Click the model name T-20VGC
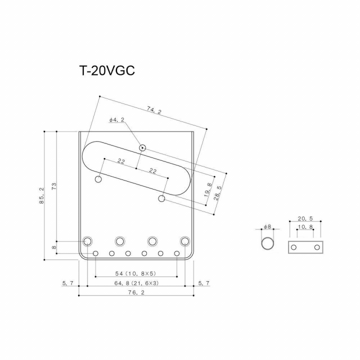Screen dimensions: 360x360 pos(106,71)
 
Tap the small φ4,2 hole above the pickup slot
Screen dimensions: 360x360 pos(143,148)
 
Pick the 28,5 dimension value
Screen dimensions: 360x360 pos(219,193)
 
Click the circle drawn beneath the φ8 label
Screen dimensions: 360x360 pos(268,244)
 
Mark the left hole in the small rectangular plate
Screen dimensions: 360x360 pos(293,247)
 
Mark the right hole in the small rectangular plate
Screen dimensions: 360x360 pos(317,247)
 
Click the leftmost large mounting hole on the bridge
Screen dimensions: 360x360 pos(87,241)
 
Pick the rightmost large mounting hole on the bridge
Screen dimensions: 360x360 pos(185,241)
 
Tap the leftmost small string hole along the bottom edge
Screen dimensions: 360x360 pos(96,254)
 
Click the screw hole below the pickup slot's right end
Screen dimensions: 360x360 pos(162,199)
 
